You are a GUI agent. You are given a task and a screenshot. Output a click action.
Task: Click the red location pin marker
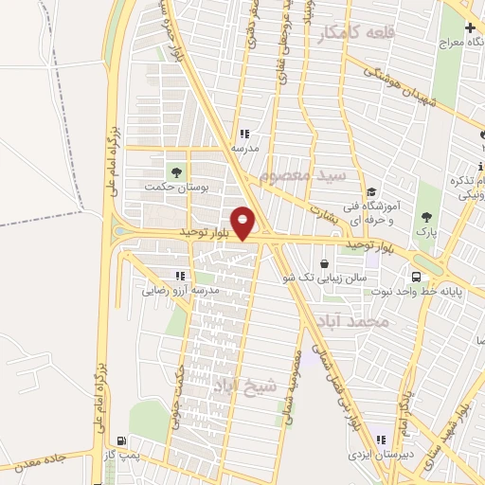[243, 224]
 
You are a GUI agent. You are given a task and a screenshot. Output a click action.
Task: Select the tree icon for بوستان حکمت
[175, 171]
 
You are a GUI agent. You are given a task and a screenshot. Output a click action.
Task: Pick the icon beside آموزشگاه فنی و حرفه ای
[372, 192]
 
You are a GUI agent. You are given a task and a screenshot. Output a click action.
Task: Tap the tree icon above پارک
[429, 214]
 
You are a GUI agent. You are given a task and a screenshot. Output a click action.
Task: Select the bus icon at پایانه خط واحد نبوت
[418, 277]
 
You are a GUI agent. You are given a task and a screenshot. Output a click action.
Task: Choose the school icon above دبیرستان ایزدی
[381, 440]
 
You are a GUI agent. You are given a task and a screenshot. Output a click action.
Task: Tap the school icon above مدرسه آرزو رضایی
[180, 276]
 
